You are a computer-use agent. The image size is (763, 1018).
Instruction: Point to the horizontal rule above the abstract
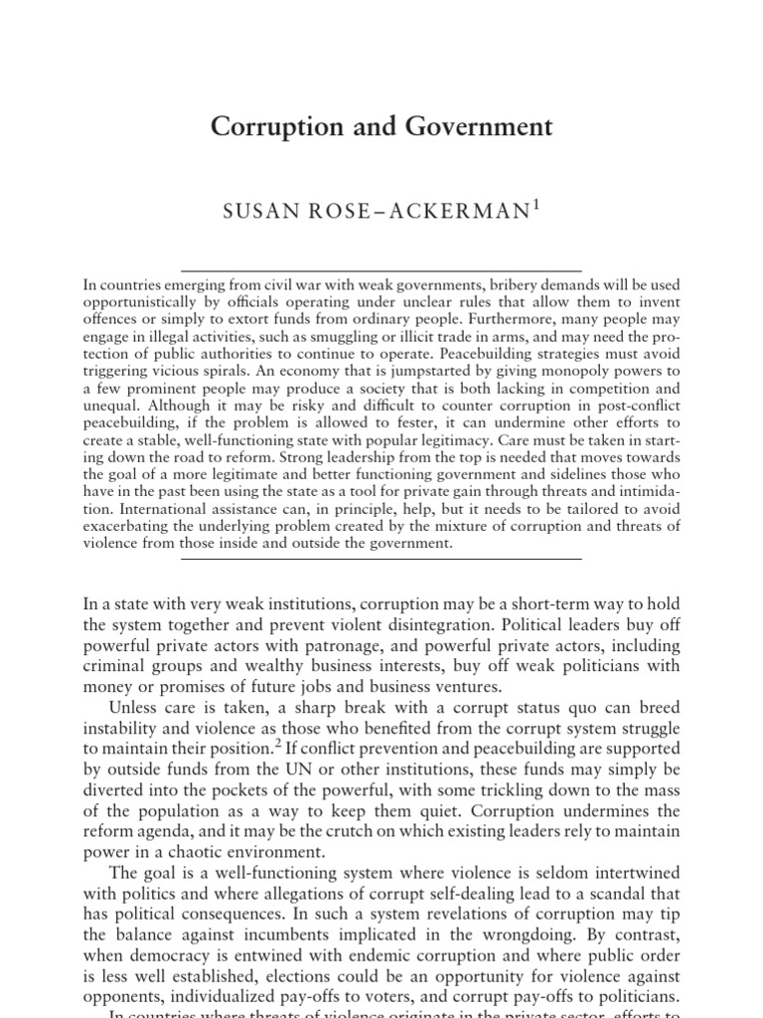coord(381,270)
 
